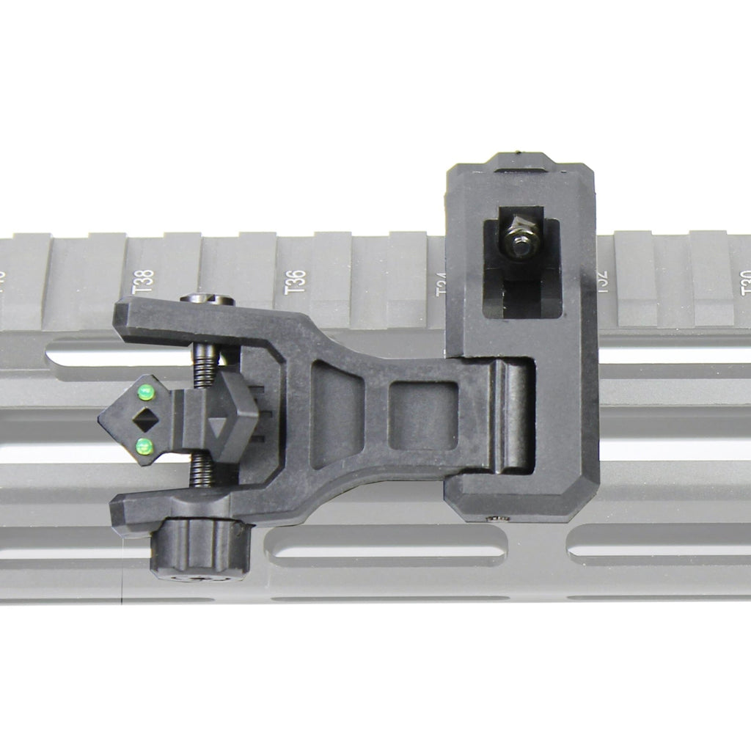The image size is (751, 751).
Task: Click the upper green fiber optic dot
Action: point(146,393)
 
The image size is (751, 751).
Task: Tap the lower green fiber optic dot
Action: point(144,445)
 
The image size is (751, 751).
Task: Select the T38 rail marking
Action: point(144,282)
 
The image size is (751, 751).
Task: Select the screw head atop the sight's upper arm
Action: point(208,299)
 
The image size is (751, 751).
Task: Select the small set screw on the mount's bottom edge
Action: point(499,519)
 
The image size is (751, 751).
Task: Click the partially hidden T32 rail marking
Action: point(602,282)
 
